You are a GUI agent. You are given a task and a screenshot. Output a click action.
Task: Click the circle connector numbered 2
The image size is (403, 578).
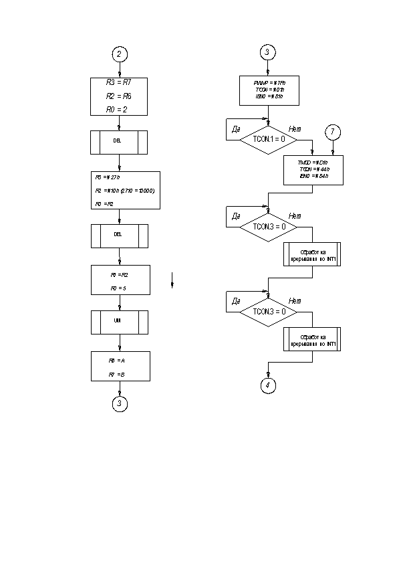(119, 54)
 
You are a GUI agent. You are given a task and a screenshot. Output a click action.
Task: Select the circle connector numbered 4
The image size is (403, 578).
(267, 385)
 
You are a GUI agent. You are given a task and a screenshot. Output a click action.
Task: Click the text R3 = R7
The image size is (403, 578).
(119, 83)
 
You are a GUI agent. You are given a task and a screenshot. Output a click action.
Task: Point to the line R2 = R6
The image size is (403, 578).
(118, 96)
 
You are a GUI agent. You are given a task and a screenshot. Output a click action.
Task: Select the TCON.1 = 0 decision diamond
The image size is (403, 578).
(267, 139)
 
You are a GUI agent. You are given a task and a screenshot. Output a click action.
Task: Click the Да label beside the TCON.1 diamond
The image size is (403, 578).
(236, 128)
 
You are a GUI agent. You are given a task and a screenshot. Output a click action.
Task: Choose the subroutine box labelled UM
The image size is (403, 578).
(119, 322)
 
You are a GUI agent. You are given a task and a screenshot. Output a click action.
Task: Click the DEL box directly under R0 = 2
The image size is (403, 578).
(119, 142)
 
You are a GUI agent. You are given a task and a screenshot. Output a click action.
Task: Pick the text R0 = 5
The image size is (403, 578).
(118, 287)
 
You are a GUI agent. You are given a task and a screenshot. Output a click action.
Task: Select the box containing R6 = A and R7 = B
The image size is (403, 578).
(119, 366)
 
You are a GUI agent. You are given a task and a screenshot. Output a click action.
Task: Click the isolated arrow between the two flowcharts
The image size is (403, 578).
(172, 280)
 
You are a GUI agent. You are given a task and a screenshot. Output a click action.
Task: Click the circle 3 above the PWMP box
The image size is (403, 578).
(267, 53)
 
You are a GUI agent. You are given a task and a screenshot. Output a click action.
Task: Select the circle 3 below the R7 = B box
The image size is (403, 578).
(119, 403)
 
